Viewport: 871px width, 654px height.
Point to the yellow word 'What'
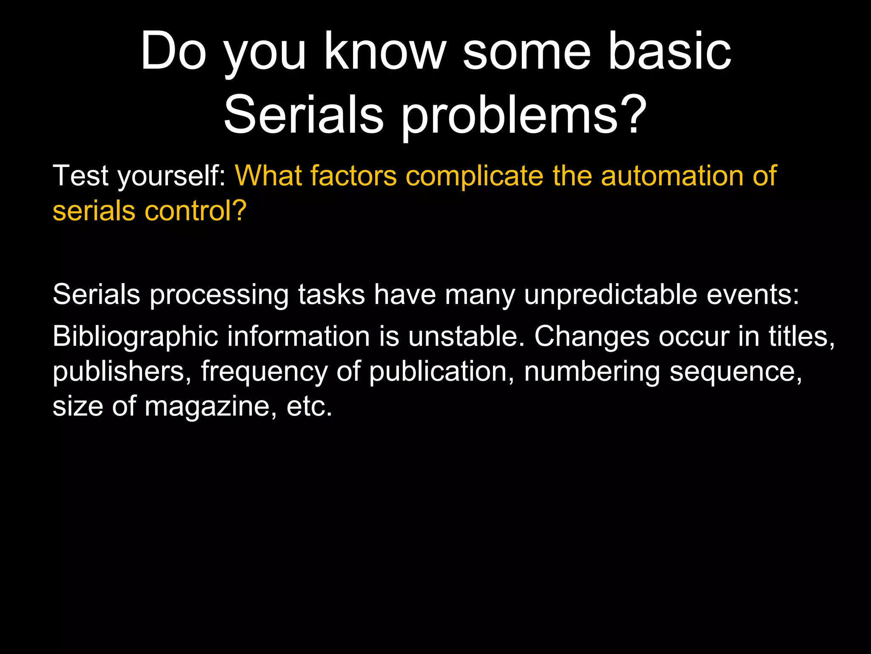coord(268,175)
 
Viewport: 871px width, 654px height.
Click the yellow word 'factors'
coord(353,175)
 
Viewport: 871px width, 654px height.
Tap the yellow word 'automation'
coord(672,175)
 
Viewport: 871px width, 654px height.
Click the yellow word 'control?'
coord(195,211)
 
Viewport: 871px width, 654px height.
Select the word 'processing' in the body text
coord(219,295)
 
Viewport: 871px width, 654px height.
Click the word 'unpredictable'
coord(610,294)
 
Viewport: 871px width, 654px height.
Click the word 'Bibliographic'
coord(135,337)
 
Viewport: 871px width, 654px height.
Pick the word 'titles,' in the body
coord(802,336)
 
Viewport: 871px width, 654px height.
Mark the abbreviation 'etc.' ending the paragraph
coord(309,407)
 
